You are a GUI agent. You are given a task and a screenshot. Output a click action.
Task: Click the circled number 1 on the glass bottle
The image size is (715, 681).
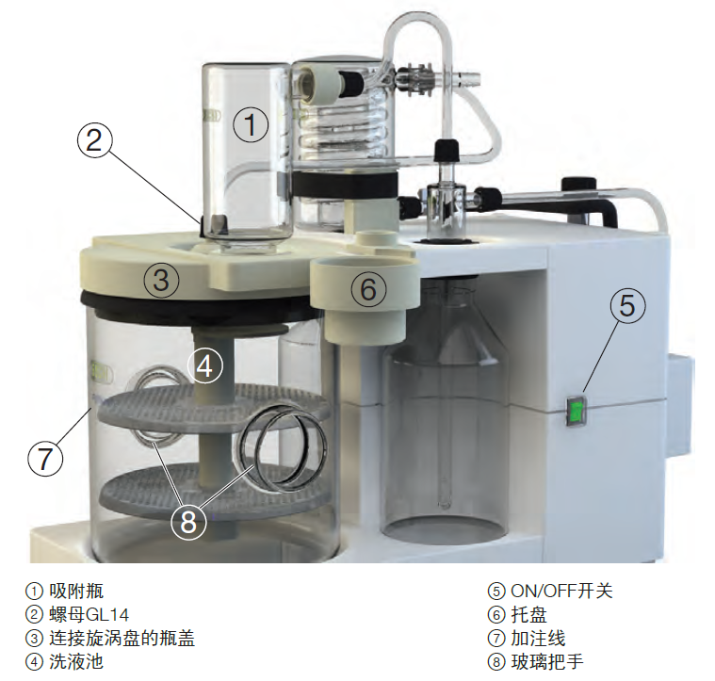pos(251,124)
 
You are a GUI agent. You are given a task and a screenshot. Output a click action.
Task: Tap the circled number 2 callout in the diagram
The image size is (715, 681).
pos(94,140)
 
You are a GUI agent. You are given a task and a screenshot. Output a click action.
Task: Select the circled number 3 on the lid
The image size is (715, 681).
pos(161,280)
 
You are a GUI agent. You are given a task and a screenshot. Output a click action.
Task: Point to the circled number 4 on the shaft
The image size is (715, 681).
pos(205,366)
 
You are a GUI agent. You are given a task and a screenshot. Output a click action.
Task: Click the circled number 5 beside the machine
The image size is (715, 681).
pos(628,305)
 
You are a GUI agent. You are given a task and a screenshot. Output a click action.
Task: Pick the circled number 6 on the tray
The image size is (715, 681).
pos(368,289)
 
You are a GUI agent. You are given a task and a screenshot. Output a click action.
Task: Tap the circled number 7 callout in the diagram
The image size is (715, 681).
pos(45,458)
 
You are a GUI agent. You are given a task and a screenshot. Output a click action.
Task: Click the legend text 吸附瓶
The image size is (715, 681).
pos(76,592)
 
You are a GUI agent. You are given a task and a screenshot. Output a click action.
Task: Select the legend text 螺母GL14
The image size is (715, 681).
pos(89,615)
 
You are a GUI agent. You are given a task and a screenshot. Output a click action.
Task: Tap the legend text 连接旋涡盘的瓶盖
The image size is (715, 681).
pos(122,639)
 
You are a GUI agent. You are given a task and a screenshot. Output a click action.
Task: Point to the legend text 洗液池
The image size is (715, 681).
pos(76,662)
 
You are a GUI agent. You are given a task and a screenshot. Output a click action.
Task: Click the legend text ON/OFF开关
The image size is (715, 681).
pos(561,592)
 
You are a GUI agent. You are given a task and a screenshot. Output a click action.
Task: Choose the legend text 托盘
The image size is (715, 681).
pos(529,615)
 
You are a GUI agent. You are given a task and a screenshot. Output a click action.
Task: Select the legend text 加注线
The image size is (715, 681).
pos(538,639)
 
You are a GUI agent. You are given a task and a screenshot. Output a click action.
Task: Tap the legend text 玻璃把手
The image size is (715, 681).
pos(547,662)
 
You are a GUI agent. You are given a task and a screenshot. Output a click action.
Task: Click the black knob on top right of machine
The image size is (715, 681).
pos(579,185)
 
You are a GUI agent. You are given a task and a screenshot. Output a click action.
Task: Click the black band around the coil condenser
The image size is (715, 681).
pos(344,184)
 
